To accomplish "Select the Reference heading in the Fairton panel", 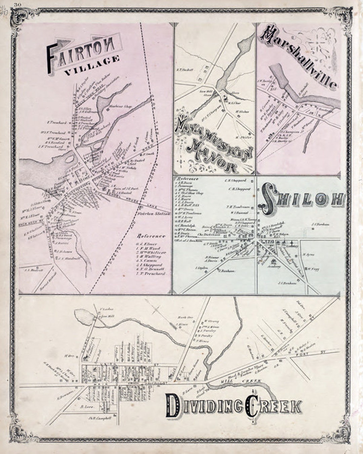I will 151,236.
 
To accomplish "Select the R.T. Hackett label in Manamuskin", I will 185,70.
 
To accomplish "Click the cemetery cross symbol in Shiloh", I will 292,243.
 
